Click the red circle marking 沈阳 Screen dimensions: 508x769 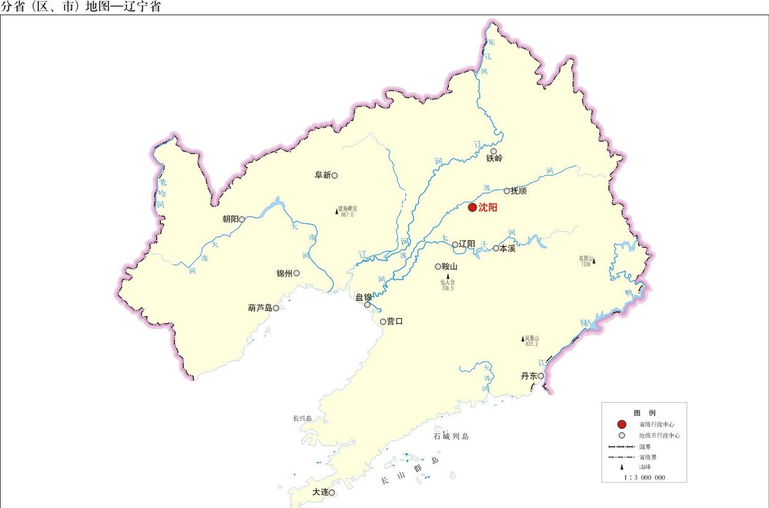[472, 208]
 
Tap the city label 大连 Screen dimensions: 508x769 [320, 492]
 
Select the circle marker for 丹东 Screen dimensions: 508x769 [541, 376]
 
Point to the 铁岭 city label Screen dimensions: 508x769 [494, 158]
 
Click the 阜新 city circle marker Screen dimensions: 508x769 [335, 175]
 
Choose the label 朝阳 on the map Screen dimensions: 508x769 [230, 219]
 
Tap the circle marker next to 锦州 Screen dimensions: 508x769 [297, 273]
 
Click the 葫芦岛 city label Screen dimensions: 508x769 [260, 308]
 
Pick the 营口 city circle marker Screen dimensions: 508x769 [383, 321]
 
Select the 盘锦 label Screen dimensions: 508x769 [363, 297]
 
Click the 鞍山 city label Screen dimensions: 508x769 [449, 267]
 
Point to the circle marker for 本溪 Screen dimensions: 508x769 [496, 248]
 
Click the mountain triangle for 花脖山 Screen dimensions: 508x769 [594, 261]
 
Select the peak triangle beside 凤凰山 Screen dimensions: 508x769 [523, 338]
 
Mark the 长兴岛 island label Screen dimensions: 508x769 [302, 419]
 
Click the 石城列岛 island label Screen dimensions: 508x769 [451, 436]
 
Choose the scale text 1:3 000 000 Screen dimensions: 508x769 [645, 477]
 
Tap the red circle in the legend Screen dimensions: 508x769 [622, 424]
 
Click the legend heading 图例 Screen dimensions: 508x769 [644, 412]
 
